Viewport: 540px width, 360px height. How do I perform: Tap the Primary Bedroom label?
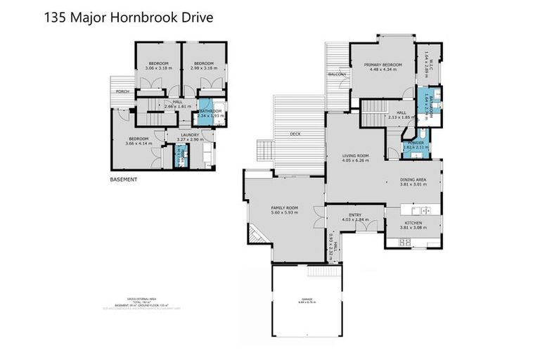(x=382, y=65)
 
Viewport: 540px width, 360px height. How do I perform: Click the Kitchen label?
(x=413, y=221)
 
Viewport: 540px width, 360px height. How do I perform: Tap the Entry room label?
(x=354, y=215)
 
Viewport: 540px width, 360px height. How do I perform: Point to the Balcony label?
(x=337, y=74)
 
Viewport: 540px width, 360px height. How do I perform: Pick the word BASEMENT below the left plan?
(x=124, y=179)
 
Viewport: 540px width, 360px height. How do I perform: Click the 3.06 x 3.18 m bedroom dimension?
(x=158, y=68)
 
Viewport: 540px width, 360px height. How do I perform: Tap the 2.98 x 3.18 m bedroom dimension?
(x=203, y=68)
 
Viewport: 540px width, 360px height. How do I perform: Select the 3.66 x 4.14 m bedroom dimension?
(x=138, y=143)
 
